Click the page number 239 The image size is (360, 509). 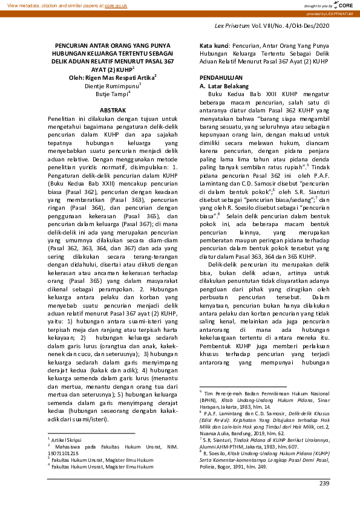tap(326, 482)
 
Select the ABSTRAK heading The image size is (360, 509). tap(113, 111)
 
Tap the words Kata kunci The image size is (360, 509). tap(214, 45)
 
